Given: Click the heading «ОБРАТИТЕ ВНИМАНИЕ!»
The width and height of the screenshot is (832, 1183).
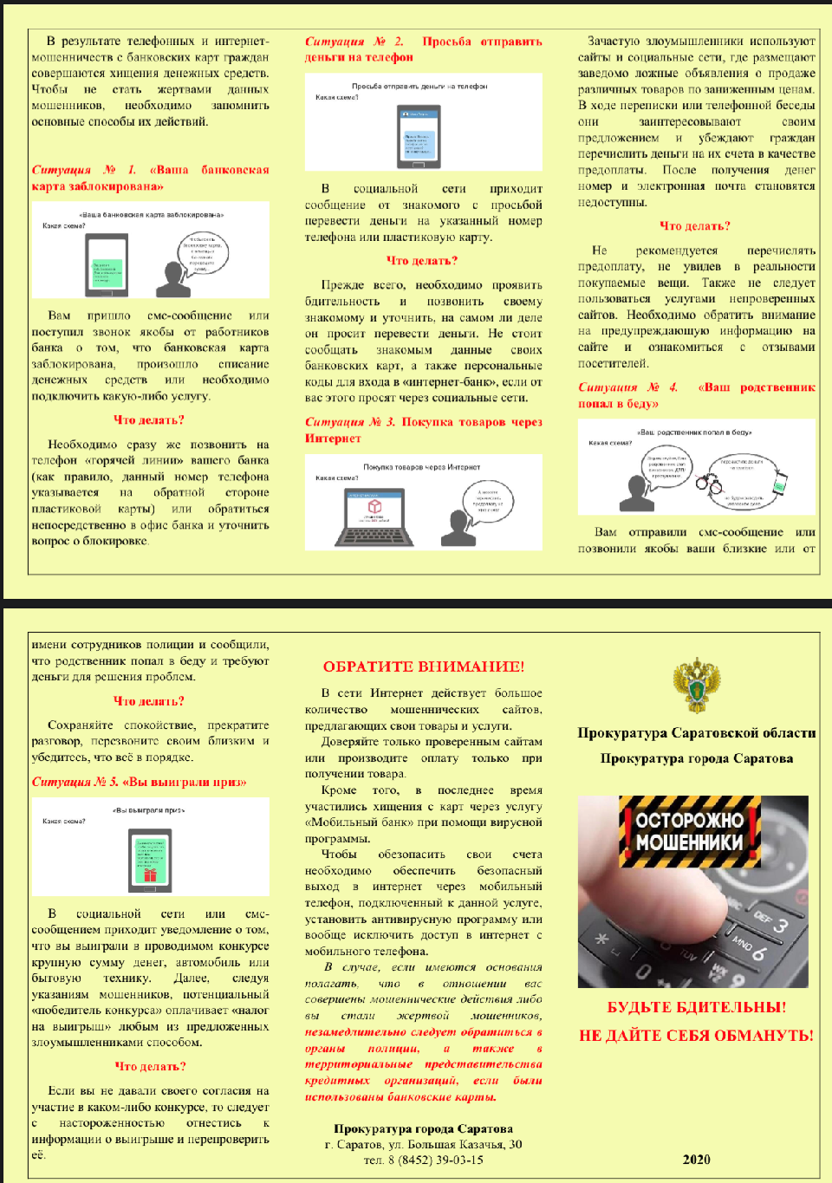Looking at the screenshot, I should (423, 666).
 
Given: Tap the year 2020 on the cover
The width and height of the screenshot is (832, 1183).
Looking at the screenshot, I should (696, 1159).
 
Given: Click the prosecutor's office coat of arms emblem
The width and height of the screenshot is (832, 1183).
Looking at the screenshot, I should (695, 685).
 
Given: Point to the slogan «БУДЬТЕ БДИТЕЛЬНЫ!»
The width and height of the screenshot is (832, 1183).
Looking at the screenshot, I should (696, 1007).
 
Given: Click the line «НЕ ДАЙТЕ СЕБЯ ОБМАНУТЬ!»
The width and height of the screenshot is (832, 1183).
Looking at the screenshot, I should (696, 1035).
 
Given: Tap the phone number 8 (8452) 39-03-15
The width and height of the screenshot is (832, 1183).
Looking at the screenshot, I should (423, 1160).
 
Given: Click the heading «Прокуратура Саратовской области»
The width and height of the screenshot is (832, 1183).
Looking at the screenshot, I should (696, 733).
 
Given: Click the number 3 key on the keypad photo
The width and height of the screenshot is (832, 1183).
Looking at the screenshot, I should (779, 926).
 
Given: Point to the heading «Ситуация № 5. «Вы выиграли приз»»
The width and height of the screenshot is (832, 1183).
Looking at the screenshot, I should (139, 782).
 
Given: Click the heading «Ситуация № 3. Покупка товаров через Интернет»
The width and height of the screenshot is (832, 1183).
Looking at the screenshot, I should (423, 430).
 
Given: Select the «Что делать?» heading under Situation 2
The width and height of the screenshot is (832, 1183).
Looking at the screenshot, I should (422, 260).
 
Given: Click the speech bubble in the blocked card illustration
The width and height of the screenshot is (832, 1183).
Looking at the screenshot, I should (203, 252).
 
